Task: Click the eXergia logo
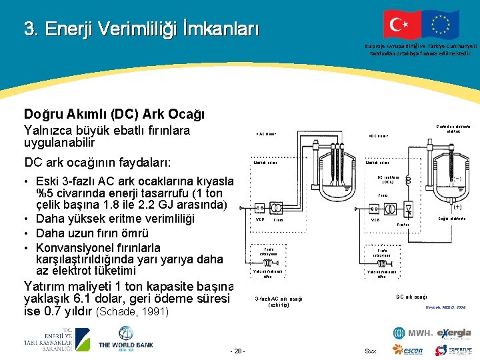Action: click(454, 333)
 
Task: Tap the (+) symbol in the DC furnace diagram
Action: click(457, 207)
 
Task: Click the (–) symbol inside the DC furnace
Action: click(457, 179)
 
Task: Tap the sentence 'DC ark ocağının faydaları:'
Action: click(97, 163)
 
